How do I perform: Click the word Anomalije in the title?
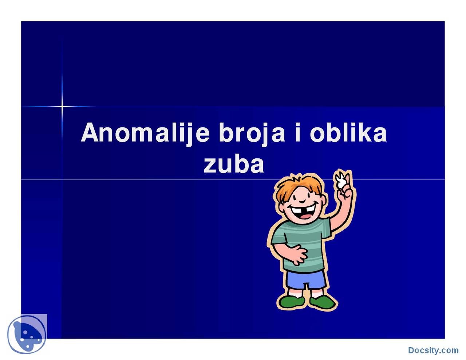[145, 133]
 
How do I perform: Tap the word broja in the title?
[252, 133]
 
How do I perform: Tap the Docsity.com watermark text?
[433, 351]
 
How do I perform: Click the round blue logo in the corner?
[27, 335]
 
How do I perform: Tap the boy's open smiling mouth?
[302, 213]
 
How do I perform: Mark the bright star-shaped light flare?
[62, 107]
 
